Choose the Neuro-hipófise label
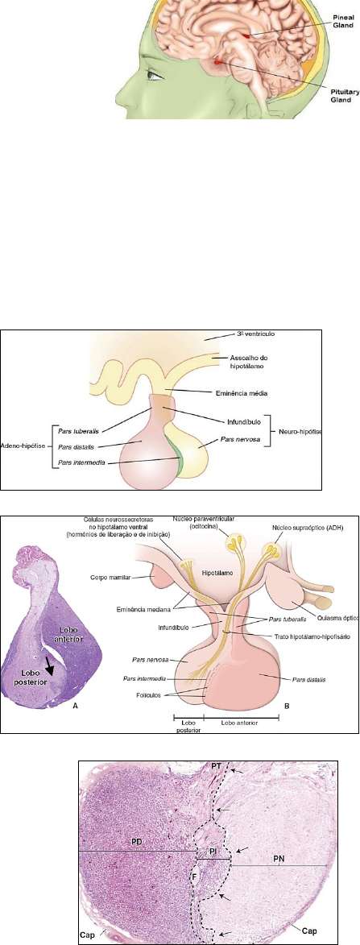point(299,431)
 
